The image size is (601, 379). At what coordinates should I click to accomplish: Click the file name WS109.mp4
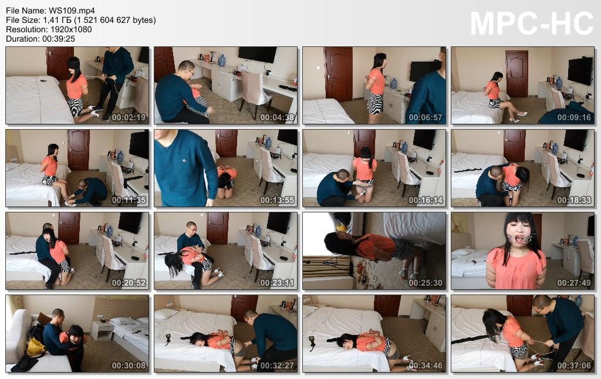[72, 11]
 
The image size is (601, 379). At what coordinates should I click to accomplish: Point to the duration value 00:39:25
[59, 39]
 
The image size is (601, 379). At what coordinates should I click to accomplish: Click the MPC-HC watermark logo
[532, 23]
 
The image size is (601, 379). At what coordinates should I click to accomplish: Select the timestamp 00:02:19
[129, 117]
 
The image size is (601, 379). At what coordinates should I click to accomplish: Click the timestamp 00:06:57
[426, 117]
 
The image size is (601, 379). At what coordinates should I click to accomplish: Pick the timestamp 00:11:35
[129, 200]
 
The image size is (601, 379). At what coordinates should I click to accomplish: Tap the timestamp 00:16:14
[426, 200]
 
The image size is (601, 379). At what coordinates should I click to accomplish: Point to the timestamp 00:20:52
[129, 283]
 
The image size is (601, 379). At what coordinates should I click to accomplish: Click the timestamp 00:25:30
[426, 283]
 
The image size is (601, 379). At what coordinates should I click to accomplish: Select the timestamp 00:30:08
[129, 366]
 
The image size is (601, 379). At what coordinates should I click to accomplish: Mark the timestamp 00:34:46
[426, 366]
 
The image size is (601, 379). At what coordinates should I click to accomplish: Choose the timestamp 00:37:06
[574, 366]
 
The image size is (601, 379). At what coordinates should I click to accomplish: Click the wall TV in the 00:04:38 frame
[258, 55]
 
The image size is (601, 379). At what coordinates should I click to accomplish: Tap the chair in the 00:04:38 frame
[255, 92]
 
